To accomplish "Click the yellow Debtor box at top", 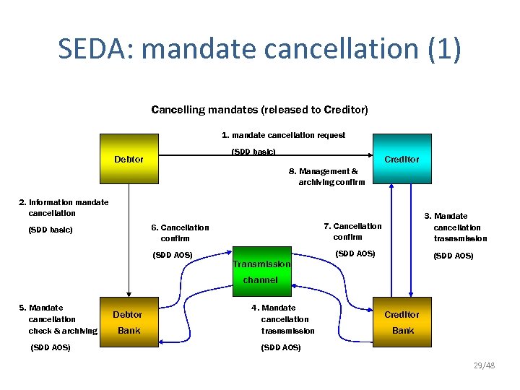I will (x=129, y=159).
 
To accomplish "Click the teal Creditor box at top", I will (x=401, y=159).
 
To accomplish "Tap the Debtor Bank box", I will (x=128, y=322).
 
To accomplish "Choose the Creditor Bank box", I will (x=402, y=322).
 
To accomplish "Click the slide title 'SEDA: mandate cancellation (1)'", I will (x=259, y=49).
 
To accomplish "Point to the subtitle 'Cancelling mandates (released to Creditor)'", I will (x=259, y=110).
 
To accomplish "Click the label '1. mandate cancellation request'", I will (x=283, y=135).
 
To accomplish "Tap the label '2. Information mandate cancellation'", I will (x=64, y=207).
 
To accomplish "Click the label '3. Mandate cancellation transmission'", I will (x=459, y=227).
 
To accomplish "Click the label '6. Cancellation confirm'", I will (x=180, y=233).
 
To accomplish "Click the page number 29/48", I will (x=484, y=366).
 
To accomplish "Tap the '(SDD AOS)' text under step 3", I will (x=453, y=256).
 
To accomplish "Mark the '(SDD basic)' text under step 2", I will (x=51, y=230).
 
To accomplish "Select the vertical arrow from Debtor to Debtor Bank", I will (x=129, y=238).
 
